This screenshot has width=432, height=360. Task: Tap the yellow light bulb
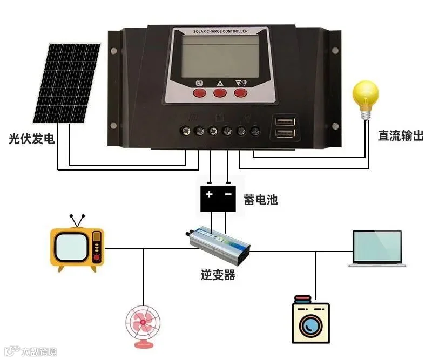tap(365, 98)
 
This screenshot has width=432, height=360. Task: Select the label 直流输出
tap(401, 135)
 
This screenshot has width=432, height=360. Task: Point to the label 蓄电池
tap(260, 200)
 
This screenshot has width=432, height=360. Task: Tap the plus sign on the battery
tap(210, 194)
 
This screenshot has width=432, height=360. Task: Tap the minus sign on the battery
tap(228, 194)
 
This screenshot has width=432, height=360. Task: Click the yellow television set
tap(77, 247)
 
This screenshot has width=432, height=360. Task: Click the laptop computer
tap(377, 249)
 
